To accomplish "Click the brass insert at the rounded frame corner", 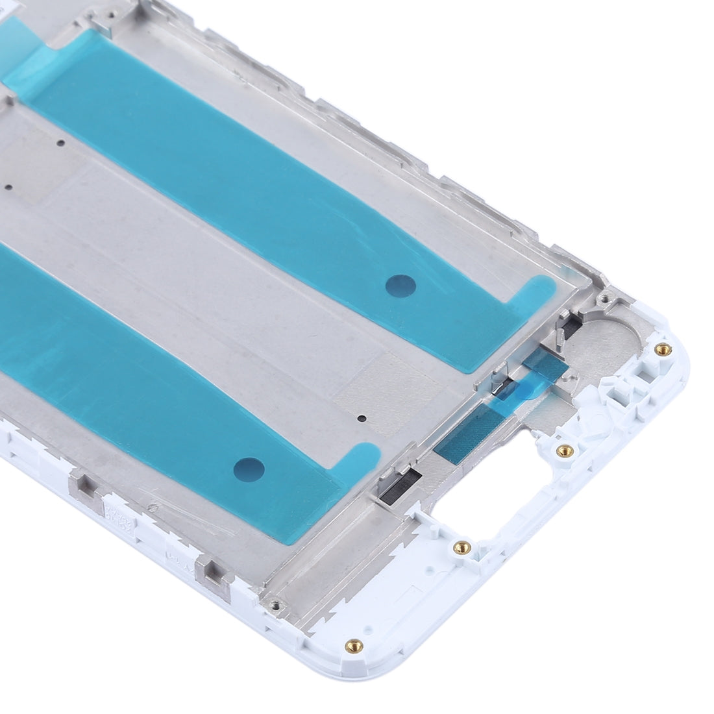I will coord(661,349).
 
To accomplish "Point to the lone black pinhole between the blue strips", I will coord(362,419).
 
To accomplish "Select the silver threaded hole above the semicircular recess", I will coord(604,300).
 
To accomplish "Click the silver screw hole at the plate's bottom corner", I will coord(277,604).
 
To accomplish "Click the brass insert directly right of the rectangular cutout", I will coord(563,449).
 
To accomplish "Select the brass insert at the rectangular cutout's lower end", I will coord(462,545).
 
